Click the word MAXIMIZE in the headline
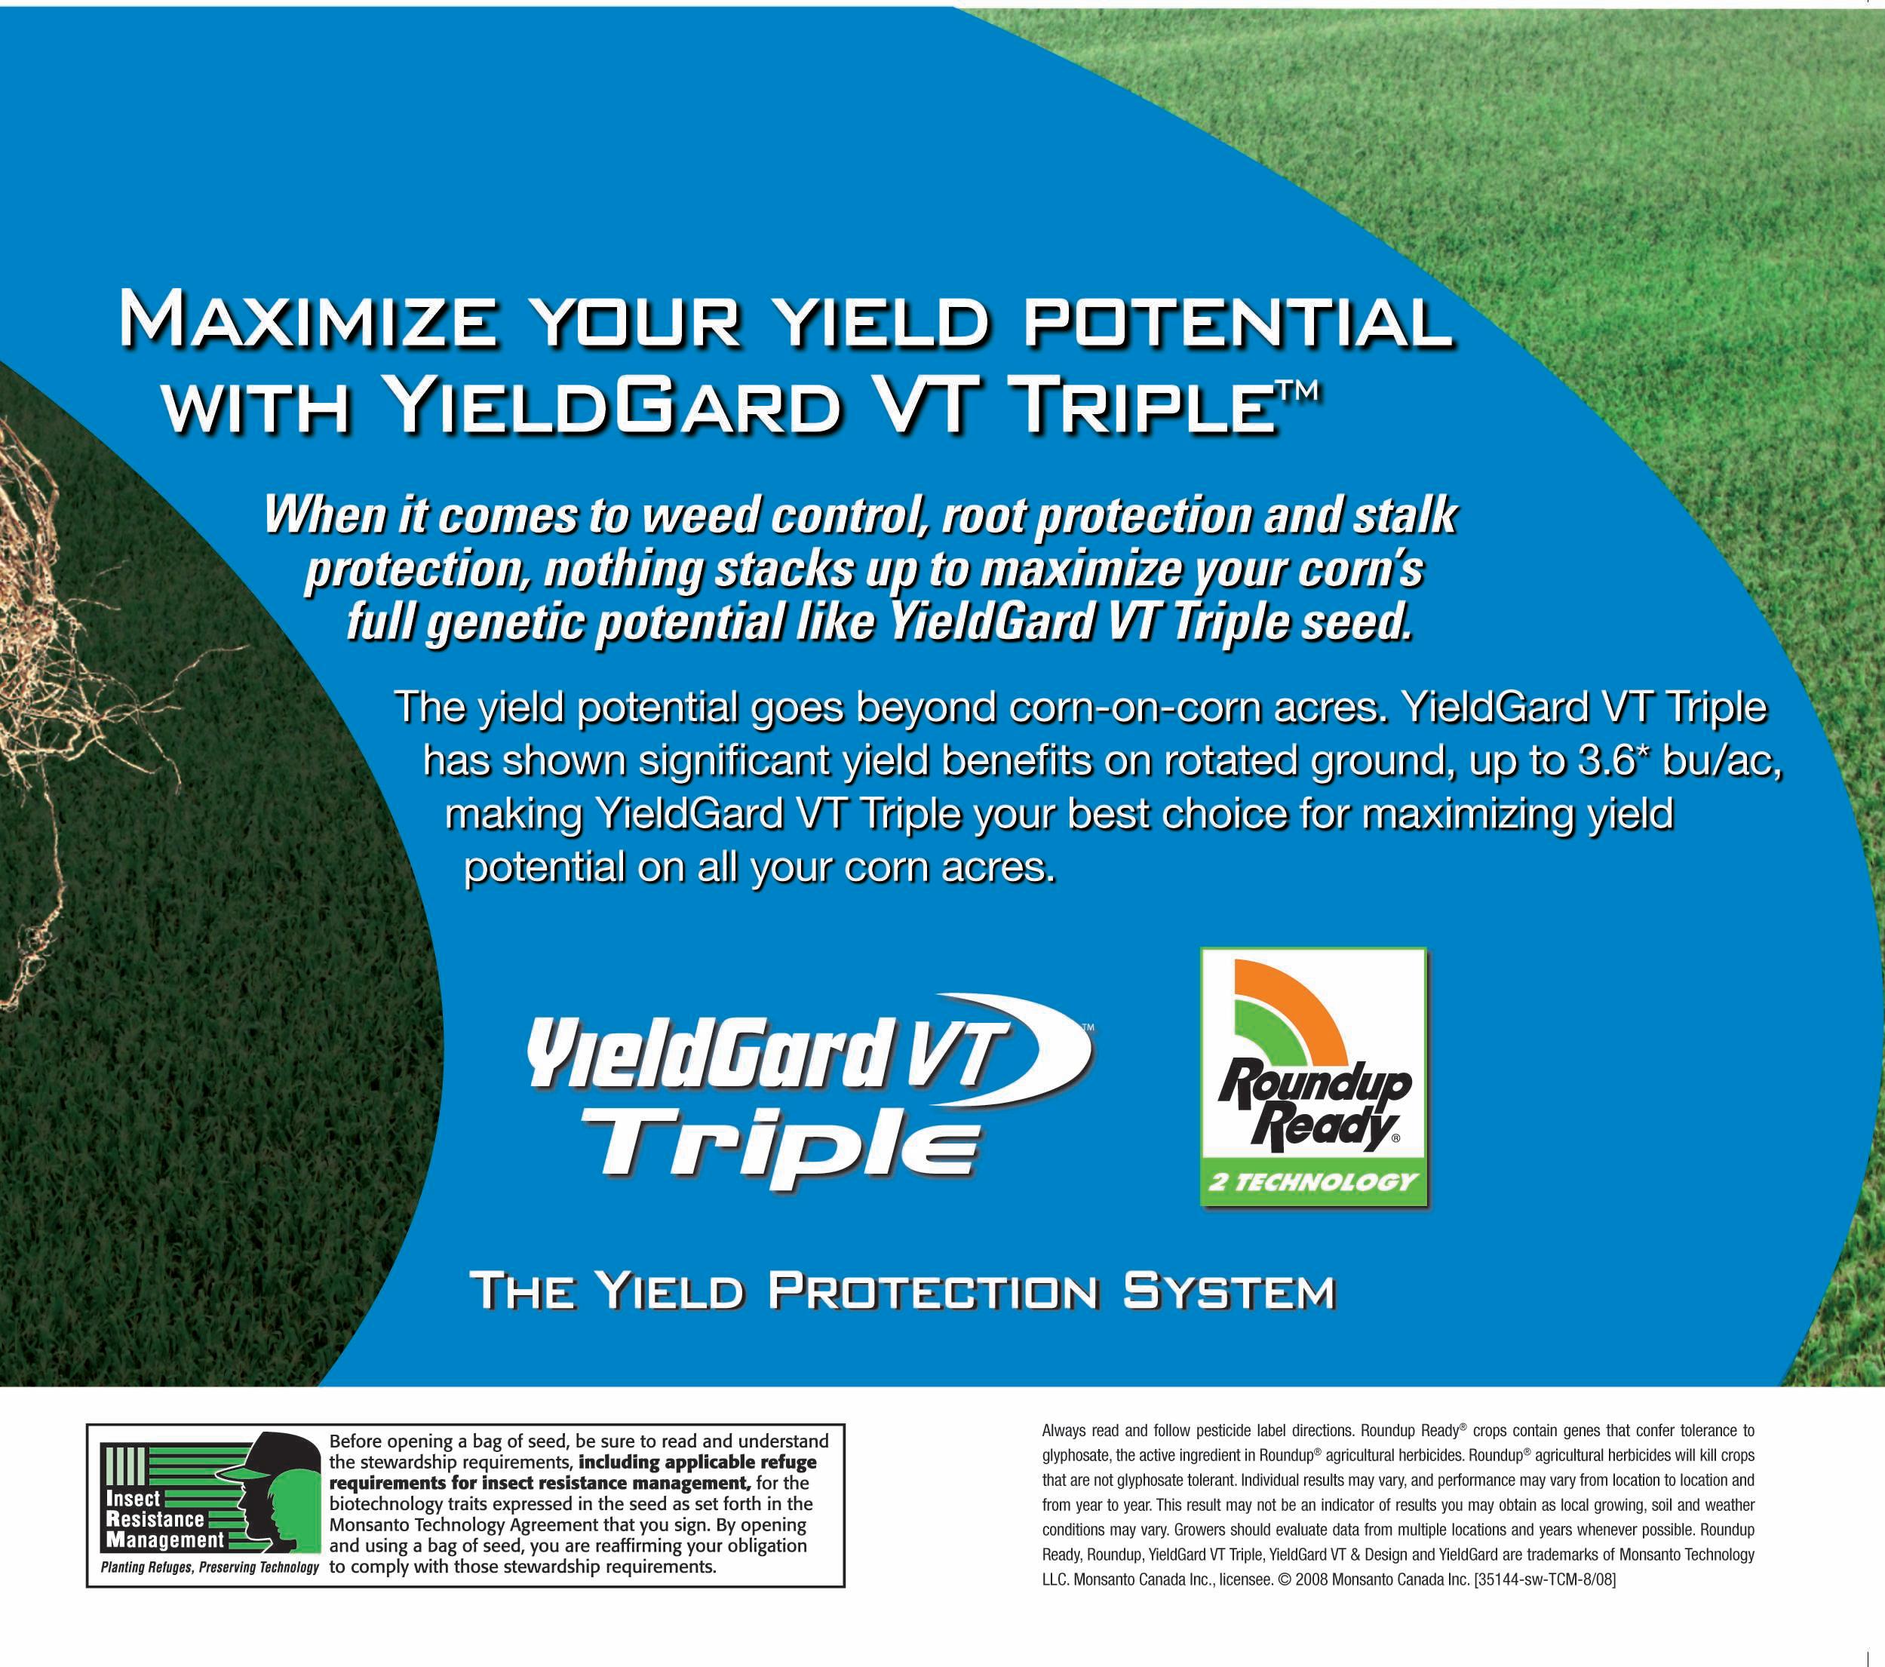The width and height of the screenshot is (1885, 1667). coord(318,320)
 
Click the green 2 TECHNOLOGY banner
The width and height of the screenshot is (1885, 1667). coord(1312,1183)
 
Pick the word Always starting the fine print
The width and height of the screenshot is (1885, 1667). coord(1065,1432)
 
